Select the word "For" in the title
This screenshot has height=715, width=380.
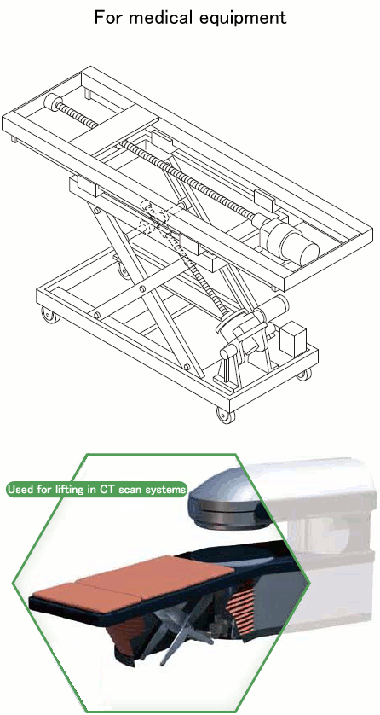tap(108, 16)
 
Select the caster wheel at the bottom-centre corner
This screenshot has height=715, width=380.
tap(223, 415)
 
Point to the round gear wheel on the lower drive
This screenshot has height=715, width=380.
tap(233, 328)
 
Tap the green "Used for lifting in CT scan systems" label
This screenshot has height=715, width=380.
tap(96, 490)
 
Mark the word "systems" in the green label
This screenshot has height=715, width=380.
tap(165, 490)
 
